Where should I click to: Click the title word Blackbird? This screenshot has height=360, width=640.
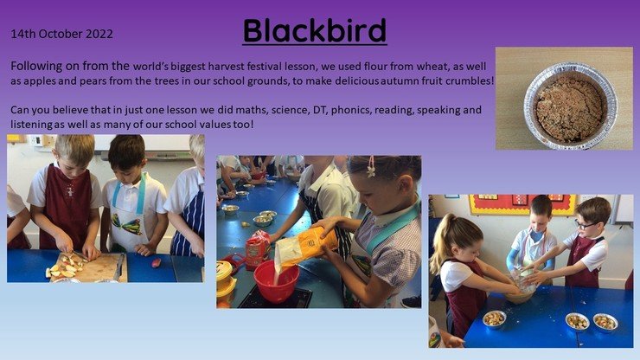click(x=315, y=30)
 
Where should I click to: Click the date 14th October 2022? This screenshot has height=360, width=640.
click(x=61, y=34)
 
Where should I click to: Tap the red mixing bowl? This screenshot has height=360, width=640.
click(x=276, y=281)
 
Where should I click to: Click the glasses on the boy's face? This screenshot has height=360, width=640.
click(x=585, y=225)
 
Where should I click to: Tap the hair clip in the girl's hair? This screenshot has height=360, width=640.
click(x=371, y=167)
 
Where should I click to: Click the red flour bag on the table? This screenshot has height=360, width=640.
click(x=257, y=249)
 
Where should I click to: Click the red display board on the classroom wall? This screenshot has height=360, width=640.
click(x=522, y=205)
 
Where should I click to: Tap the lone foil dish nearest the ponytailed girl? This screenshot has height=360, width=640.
click(x=494, y=318)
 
